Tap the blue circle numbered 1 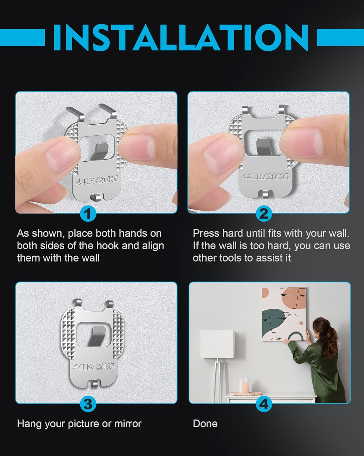point(88,214)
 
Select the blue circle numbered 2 point(264,214)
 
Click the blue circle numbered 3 point(88,404)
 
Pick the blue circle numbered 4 point(264,404)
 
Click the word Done point(205,423)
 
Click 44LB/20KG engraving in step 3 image point(94,366)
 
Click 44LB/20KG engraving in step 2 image point(265,176)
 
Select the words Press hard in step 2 point(218,233)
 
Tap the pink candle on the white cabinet point(244,386)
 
